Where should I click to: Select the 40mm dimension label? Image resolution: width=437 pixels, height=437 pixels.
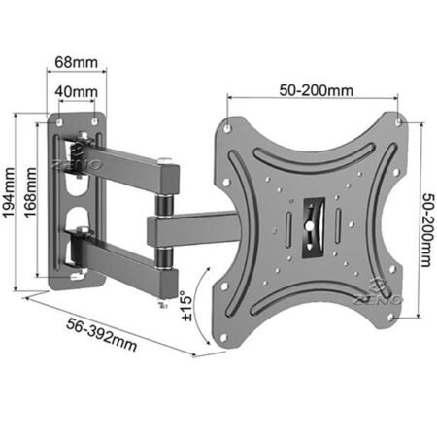pyautogui.click(x=77, y=92)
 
